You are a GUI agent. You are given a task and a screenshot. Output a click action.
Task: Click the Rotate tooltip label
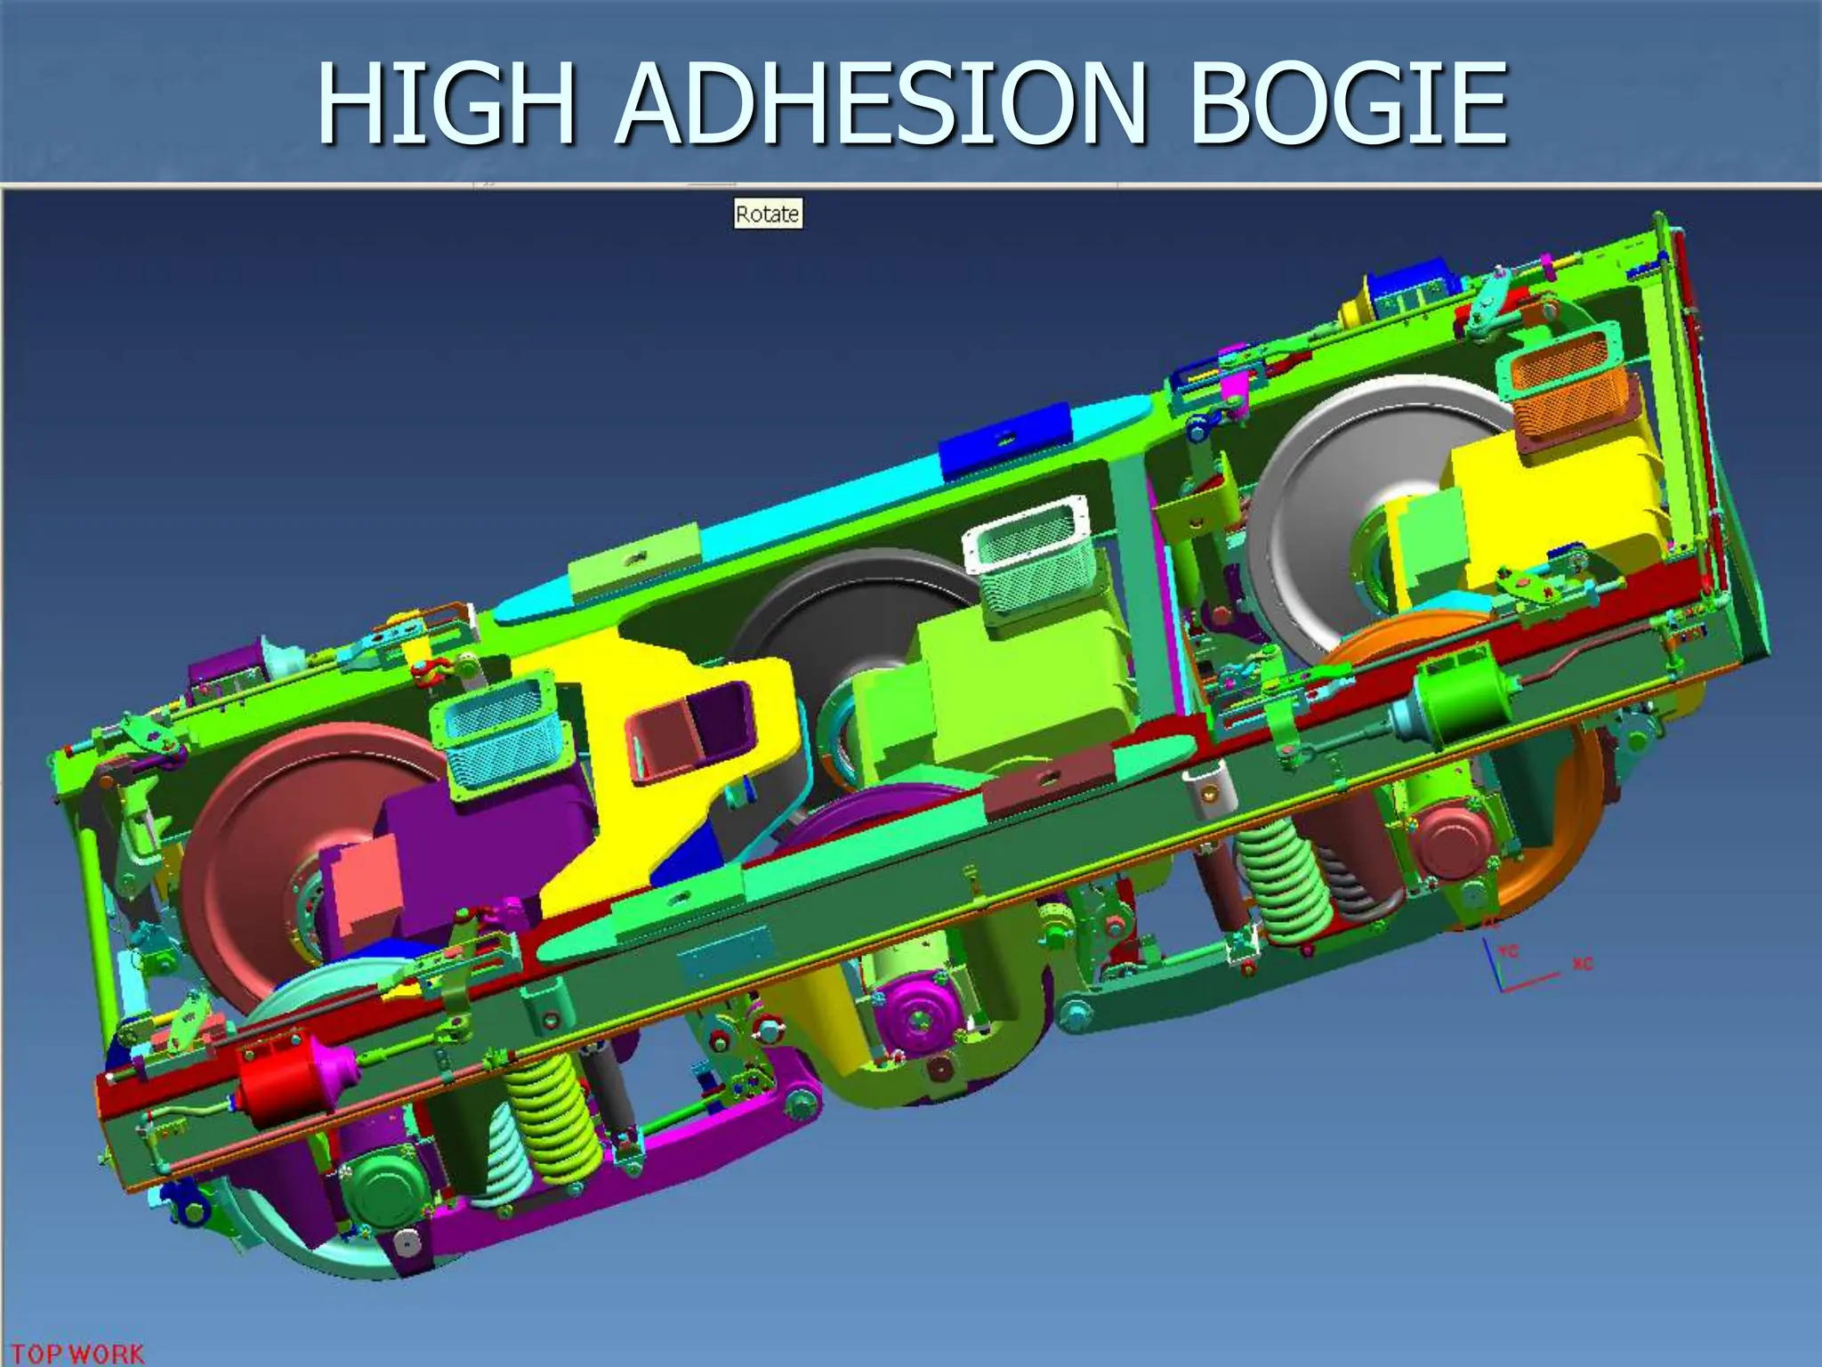point(768,214)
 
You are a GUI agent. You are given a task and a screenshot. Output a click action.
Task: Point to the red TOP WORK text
point(77,1354)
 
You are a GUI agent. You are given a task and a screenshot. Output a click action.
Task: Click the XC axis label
point(1582,964)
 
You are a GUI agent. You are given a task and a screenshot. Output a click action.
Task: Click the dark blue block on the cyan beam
point(1005,441)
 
